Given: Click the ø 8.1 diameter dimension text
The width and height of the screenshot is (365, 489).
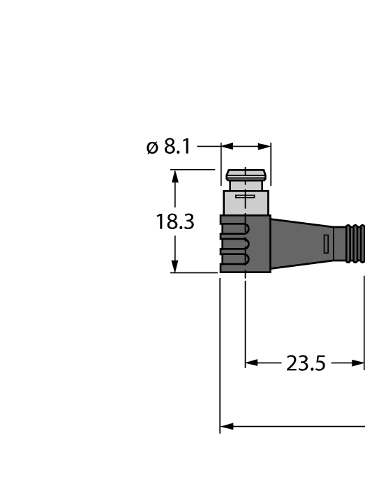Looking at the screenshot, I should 168,147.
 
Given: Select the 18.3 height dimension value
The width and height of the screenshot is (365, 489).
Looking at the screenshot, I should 174,222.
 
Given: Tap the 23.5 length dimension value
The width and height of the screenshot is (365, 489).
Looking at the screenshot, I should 306,363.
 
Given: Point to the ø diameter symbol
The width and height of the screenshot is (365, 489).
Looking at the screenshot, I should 152,148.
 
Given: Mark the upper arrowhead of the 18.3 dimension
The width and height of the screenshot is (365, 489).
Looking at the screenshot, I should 175,175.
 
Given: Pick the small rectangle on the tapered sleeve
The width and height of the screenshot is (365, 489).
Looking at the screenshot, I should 325,244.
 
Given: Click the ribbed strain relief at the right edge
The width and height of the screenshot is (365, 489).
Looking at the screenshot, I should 355,244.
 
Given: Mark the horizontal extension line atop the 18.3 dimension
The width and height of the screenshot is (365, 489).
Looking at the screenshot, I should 192,169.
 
